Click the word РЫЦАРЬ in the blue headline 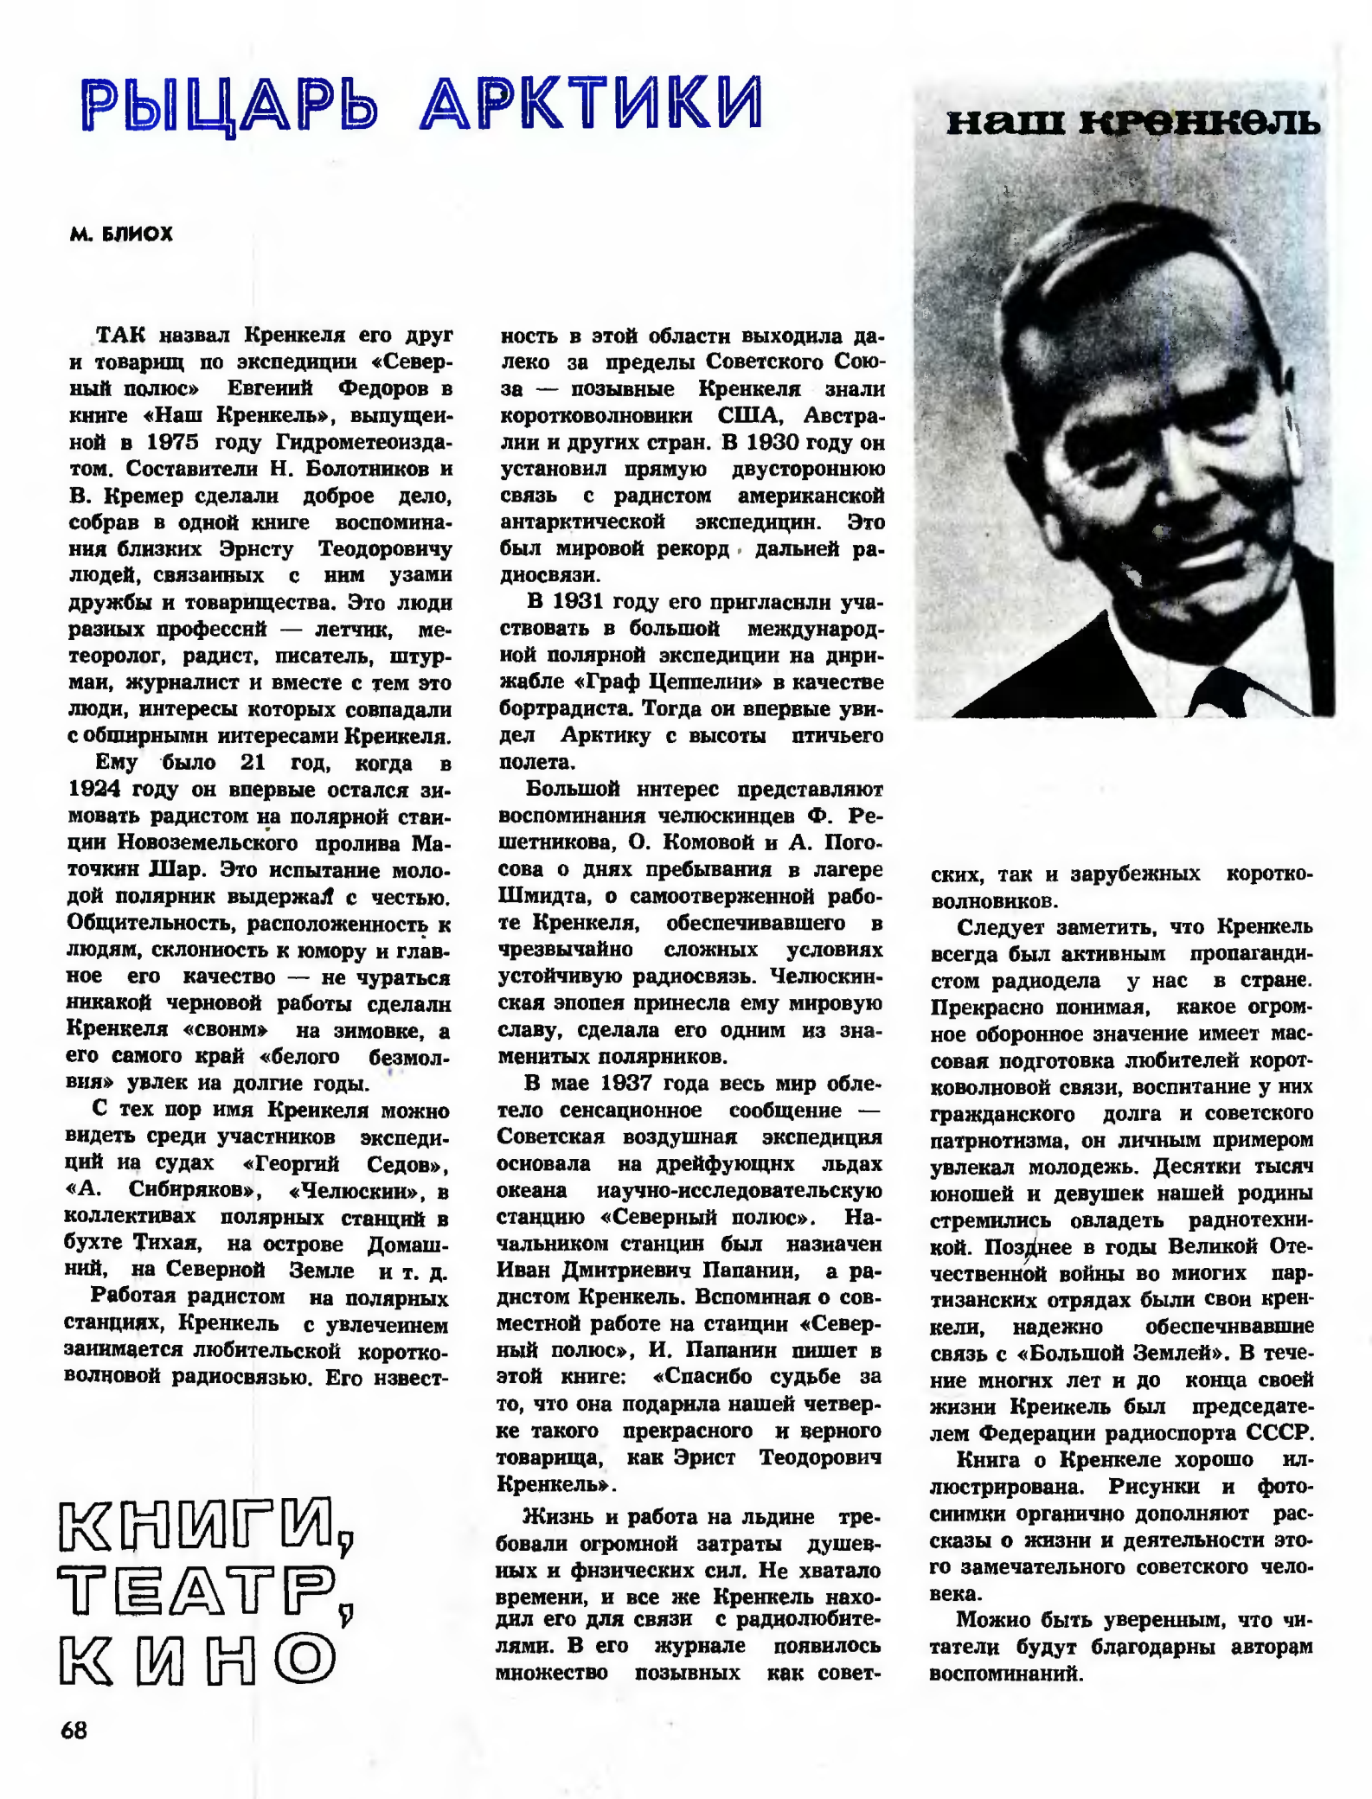coord(230,104)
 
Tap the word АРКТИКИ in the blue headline coord(592,104)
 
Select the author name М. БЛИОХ coord(122,234)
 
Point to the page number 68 coord(74,1729)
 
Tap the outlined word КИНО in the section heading coord(197,1658)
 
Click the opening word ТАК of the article coord(121,336)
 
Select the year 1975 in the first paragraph coord(172,442)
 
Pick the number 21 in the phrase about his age coord(253,763)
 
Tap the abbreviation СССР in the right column coord(1279,1432)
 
